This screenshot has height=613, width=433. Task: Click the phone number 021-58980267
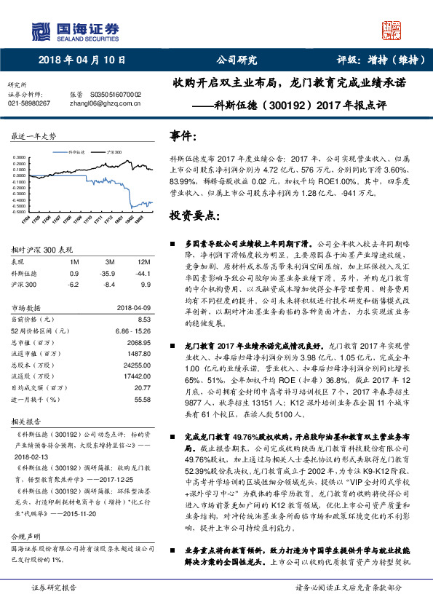click(x=29, y=103)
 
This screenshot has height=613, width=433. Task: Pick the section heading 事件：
click(x=183, y=136)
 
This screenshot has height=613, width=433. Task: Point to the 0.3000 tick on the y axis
click(x=23, y=157)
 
